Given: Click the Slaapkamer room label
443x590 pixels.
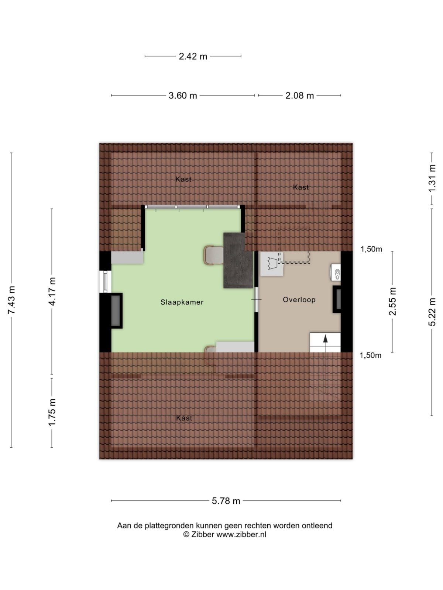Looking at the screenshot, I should (182, 302).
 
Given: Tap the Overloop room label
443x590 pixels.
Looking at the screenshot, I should (299, 299).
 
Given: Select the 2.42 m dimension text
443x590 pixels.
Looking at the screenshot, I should (193, 56).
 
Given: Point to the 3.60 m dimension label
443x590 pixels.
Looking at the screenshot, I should (183, 96).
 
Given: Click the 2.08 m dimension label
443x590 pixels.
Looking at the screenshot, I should (299, 96).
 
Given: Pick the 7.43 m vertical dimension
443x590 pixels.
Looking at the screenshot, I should (11, 300).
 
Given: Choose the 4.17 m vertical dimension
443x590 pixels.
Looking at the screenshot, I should (52, 291).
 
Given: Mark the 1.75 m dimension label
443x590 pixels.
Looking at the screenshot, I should (52, 412).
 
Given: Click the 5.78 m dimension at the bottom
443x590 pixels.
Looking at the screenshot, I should (226, 501).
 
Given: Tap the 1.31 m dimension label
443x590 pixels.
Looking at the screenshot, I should (432, 178).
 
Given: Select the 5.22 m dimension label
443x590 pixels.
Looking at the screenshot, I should (432, 312).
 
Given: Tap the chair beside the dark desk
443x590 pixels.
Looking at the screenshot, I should (213, 255).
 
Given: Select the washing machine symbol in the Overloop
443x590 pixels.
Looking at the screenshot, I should (272, 264).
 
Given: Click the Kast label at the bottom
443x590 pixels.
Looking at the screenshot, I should (184, 418).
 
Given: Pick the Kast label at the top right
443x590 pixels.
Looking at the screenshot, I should (301, 187).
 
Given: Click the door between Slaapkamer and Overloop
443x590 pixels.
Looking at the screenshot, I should (256, 299).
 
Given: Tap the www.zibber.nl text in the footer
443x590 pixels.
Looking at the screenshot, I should (241, 534).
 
